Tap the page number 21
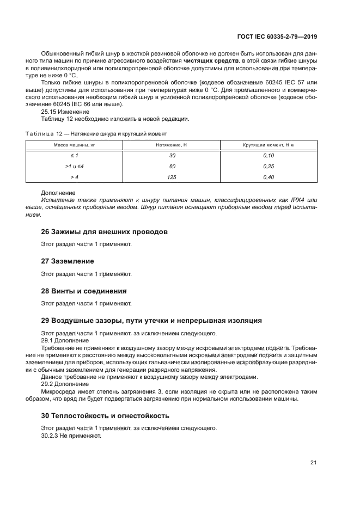pos(313,463)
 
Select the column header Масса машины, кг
pos(74,145)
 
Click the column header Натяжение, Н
pos(172,145)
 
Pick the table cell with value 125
pos(172,177)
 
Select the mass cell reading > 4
pos(74,177)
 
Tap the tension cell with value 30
pos(172,155)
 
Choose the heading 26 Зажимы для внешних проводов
pos(104,232)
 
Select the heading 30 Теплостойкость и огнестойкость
pos(105,415)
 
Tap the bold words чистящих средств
pos(207,61)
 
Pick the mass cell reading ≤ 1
pos(74,155)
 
